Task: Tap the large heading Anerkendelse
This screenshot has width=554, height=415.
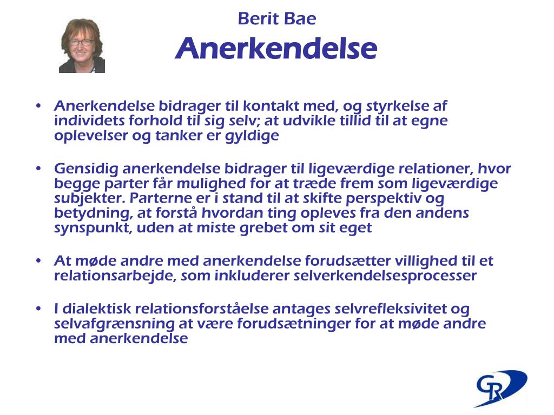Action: [276, 49]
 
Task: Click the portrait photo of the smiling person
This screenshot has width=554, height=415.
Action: [82, 46]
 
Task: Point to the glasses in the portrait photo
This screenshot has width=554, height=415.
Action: [81, 42]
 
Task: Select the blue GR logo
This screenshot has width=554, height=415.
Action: [500, 387]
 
